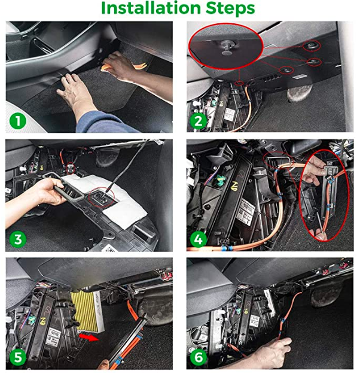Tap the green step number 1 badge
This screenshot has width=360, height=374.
[x=19, y=121]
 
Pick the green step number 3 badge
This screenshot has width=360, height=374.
[x=19, y=239]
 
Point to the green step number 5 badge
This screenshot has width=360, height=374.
[x=19, y=358]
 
